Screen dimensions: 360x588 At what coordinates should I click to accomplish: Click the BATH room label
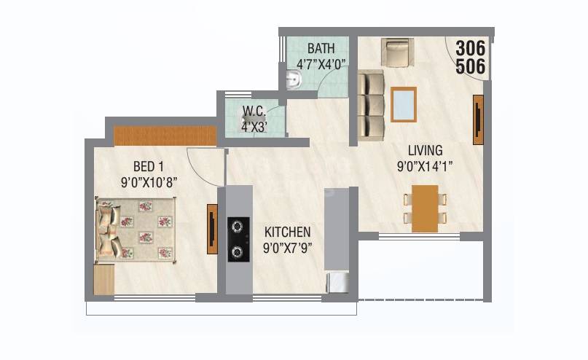321,49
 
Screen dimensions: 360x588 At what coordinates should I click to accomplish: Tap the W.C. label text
253,111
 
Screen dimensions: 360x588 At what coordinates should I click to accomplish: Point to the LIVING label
426,151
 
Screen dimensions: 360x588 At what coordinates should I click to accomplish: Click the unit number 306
470,50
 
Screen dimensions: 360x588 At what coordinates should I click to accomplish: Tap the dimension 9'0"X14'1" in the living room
426,166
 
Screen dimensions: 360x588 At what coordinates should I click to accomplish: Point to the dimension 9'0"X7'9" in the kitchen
287,247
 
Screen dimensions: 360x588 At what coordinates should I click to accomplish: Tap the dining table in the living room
425,208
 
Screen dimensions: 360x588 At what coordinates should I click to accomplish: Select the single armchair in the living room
397,53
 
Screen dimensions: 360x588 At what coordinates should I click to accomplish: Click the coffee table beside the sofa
404,103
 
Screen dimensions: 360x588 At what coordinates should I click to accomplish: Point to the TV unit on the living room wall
478,114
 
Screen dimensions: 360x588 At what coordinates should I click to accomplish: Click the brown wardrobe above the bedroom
165,136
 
